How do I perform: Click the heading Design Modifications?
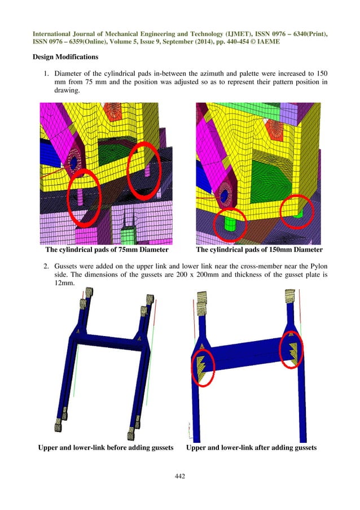(x=66, y=57)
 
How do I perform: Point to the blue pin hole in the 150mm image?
(x=225, y=195)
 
